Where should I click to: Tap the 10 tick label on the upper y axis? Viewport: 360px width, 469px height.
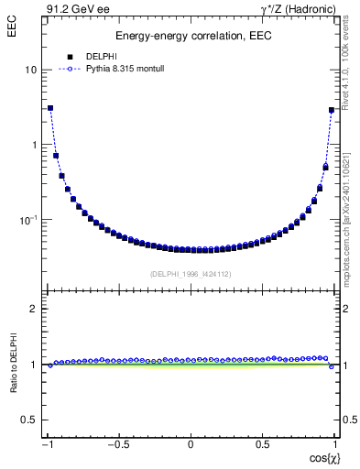pos(30,70)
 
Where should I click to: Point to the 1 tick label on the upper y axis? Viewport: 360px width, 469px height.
pos(34,145)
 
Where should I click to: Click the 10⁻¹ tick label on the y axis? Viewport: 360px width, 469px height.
pos(28,219)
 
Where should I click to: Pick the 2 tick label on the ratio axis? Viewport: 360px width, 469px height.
pos(34,309)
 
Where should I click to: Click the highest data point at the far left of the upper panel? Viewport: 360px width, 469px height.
pos(50,108)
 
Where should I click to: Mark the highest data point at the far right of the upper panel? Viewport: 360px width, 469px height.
pos(331,110)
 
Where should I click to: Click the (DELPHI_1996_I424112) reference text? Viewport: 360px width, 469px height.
pos(190,274)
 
